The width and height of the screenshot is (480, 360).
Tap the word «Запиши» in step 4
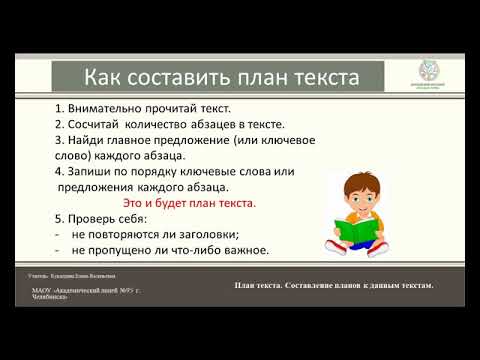coord(97,171)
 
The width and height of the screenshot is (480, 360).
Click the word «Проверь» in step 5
coord(100,219)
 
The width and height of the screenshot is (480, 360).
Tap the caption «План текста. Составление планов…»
coord(333,286)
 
